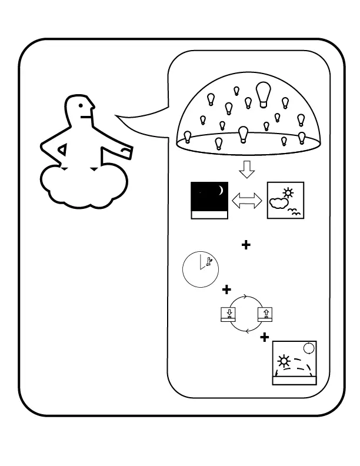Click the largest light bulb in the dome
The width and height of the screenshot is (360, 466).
point(263,94)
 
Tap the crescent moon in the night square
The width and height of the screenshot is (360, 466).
point(221,190)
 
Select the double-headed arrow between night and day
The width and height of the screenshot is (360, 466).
point(248,201)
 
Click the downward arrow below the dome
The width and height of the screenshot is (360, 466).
point(247,170)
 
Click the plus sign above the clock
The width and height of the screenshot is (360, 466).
point(246,245)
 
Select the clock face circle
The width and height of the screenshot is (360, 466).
point(200,269)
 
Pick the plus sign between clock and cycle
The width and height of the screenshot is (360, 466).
point(226,290)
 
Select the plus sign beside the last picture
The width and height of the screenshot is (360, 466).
point(265,337)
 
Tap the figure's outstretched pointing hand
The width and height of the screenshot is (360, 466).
point(125,152)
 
